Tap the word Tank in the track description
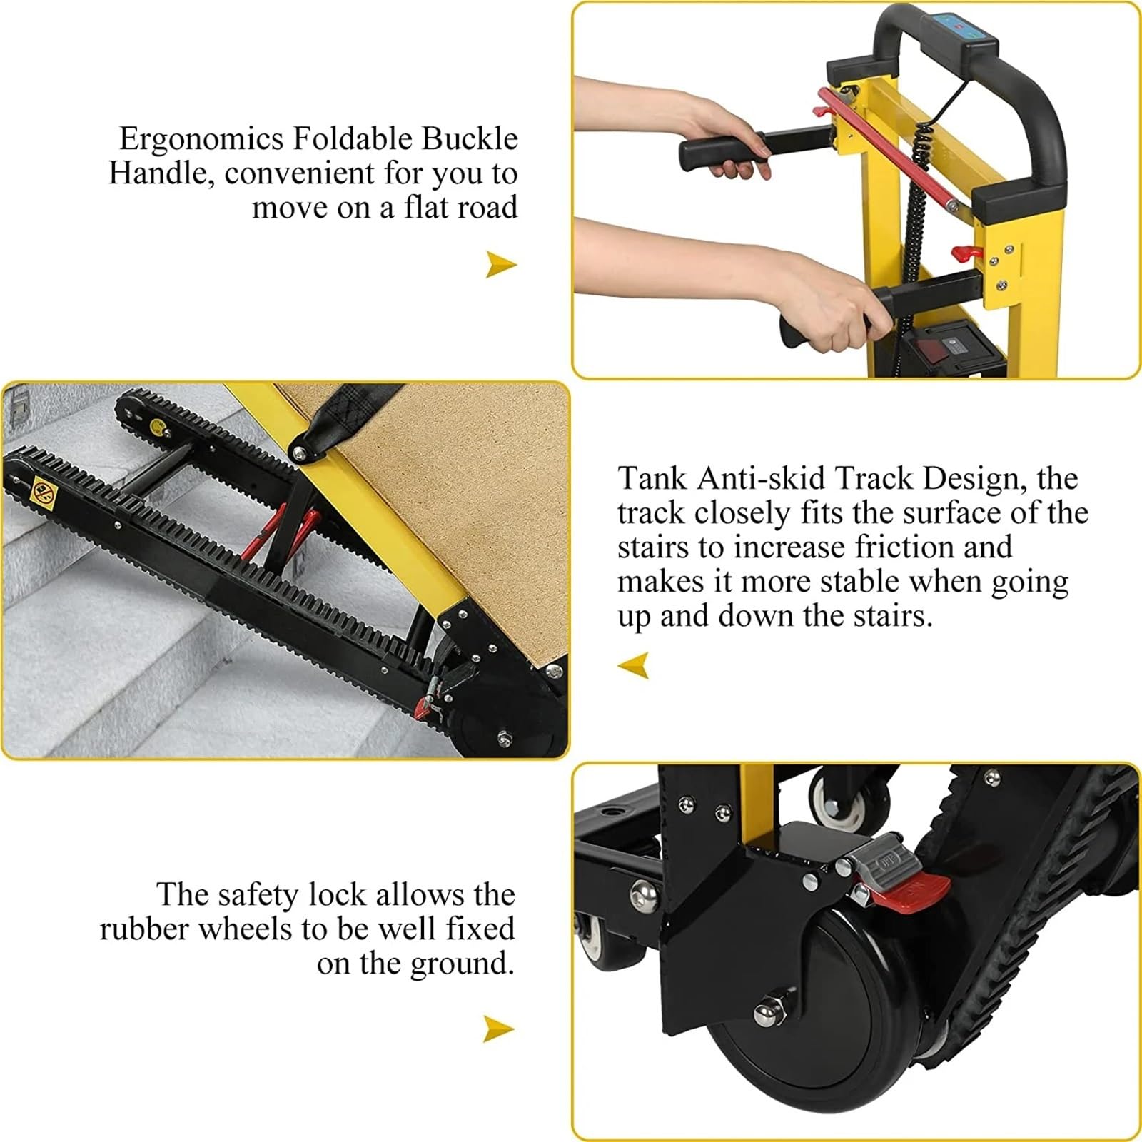click(652, 477)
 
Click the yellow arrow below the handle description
click(501, 264)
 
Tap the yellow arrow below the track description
click(634, 665)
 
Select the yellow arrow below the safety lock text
click(498, 1029)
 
